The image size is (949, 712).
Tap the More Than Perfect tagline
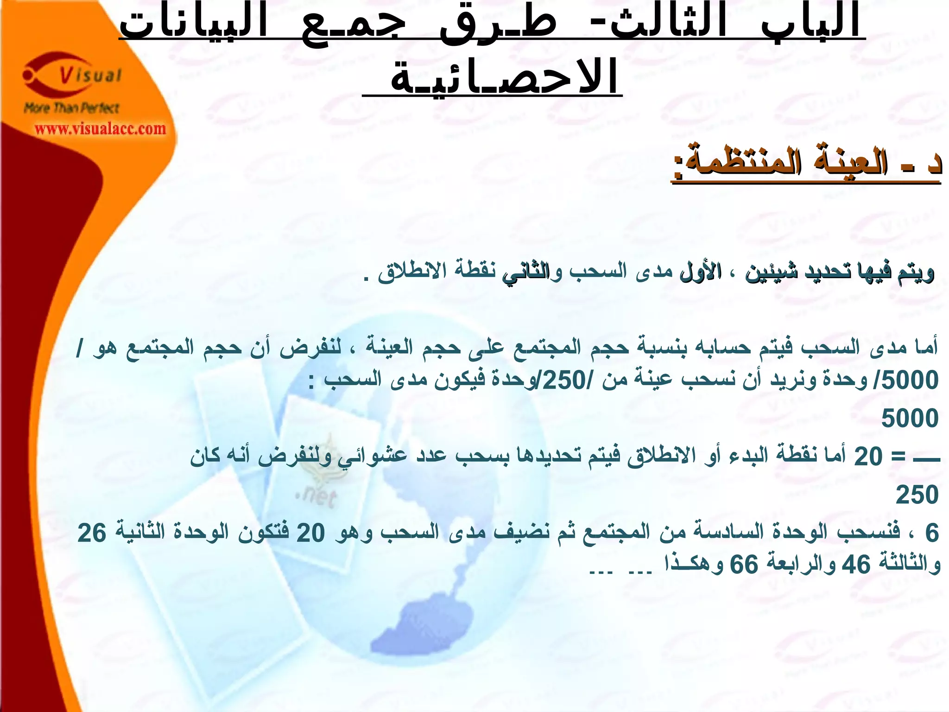point(72,108)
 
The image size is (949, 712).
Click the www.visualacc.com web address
point(100,128)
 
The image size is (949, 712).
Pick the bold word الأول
point(700,272)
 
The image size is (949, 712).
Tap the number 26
point(91,533)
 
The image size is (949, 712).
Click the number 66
point(744,565)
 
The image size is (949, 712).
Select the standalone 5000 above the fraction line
point(910,419)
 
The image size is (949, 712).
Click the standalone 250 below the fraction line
point(917,495)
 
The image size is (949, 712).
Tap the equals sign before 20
point(899,457)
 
